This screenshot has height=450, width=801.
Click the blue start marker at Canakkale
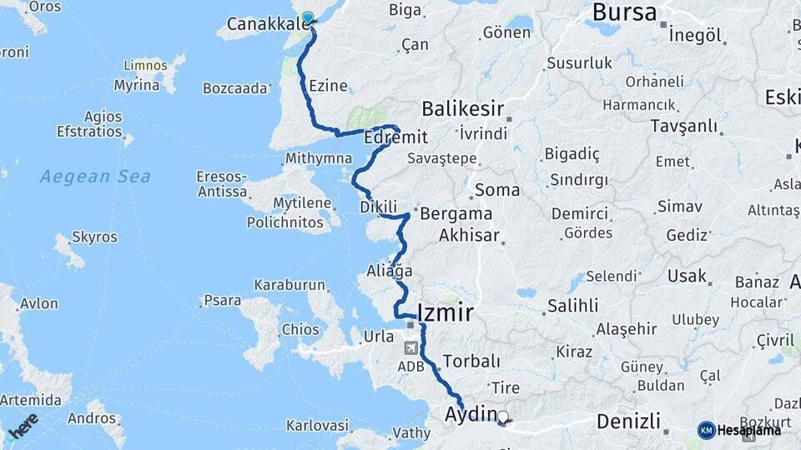pos(308,18)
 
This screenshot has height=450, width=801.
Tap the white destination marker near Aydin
pos(502,416)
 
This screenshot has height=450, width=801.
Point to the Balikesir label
pos(462,108)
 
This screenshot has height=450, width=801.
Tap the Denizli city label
pos(628,420)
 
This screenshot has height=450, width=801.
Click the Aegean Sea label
pos(96,176)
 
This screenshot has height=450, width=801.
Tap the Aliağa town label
pos(390,270)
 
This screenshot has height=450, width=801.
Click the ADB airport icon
pos(411,348)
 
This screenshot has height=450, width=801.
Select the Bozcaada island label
pos(235,87)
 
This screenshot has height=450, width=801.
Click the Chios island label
pos(300,329)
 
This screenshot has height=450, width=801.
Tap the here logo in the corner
pos(23,426)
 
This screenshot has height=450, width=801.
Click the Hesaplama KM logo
pos(739,430)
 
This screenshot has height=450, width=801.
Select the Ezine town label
pos(328,86)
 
